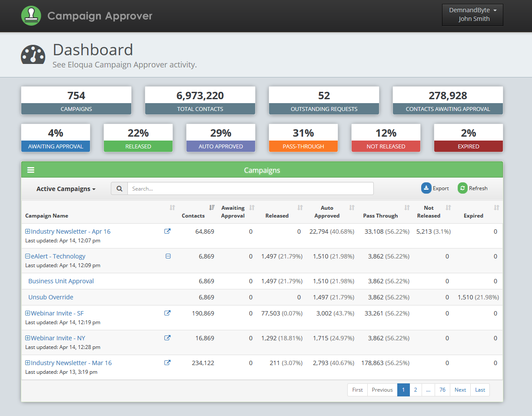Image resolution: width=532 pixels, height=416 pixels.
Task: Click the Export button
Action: coord(435,188)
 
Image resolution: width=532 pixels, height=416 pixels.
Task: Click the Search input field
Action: coord(250,188)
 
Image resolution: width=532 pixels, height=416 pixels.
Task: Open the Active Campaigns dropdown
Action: coord(66,189)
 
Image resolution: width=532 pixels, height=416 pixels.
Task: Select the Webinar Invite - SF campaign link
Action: coord(57,313)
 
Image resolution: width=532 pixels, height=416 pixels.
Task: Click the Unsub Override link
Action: coord(51,297)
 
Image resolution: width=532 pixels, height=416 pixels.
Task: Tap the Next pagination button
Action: coord(460,390)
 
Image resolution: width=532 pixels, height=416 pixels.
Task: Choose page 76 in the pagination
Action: coord(442,390)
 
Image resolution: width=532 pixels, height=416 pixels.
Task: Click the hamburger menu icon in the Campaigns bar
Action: coord(31,170)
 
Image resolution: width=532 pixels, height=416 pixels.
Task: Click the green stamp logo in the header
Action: coord(30,16)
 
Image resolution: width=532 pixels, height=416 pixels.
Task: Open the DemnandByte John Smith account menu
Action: coord(472,15)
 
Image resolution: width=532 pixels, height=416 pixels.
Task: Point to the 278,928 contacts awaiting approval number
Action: coord(448,95)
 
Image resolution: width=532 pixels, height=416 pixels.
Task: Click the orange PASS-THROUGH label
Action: coord(303,147)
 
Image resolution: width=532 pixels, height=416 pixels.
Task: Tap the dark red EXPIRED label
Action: coord(469,147)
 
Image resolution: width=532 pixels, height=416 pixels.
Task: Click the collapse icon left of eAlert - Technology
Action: coord(28,256)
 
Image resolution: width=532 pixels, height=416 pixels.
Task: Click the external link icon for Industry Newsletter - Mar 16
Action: coord(167,362)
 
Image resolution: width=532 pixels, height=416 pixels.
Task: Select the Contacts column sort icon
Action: coord(212,208)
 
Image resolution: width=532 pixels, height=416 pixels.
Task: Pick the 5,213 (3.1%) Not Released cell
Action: coord(433,231)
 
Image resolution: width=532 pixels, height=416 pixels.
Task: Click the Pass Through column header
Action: coord(380,216)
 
